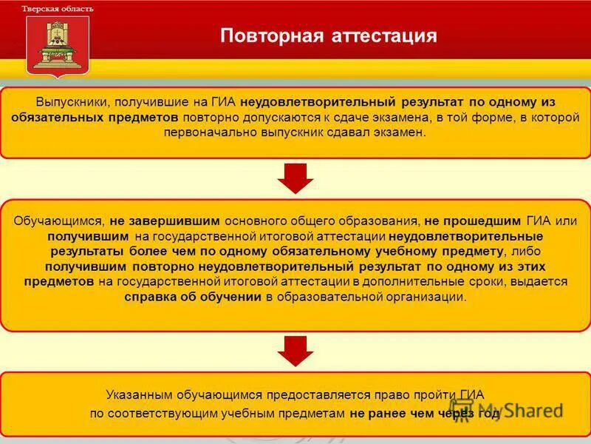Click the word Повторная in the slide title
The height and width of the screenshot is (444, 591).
[263, 36]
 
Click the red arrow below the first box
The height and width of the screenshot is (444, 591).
[295, 178]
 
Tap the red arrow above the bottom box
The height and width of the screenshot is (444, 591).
[295, 351]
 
